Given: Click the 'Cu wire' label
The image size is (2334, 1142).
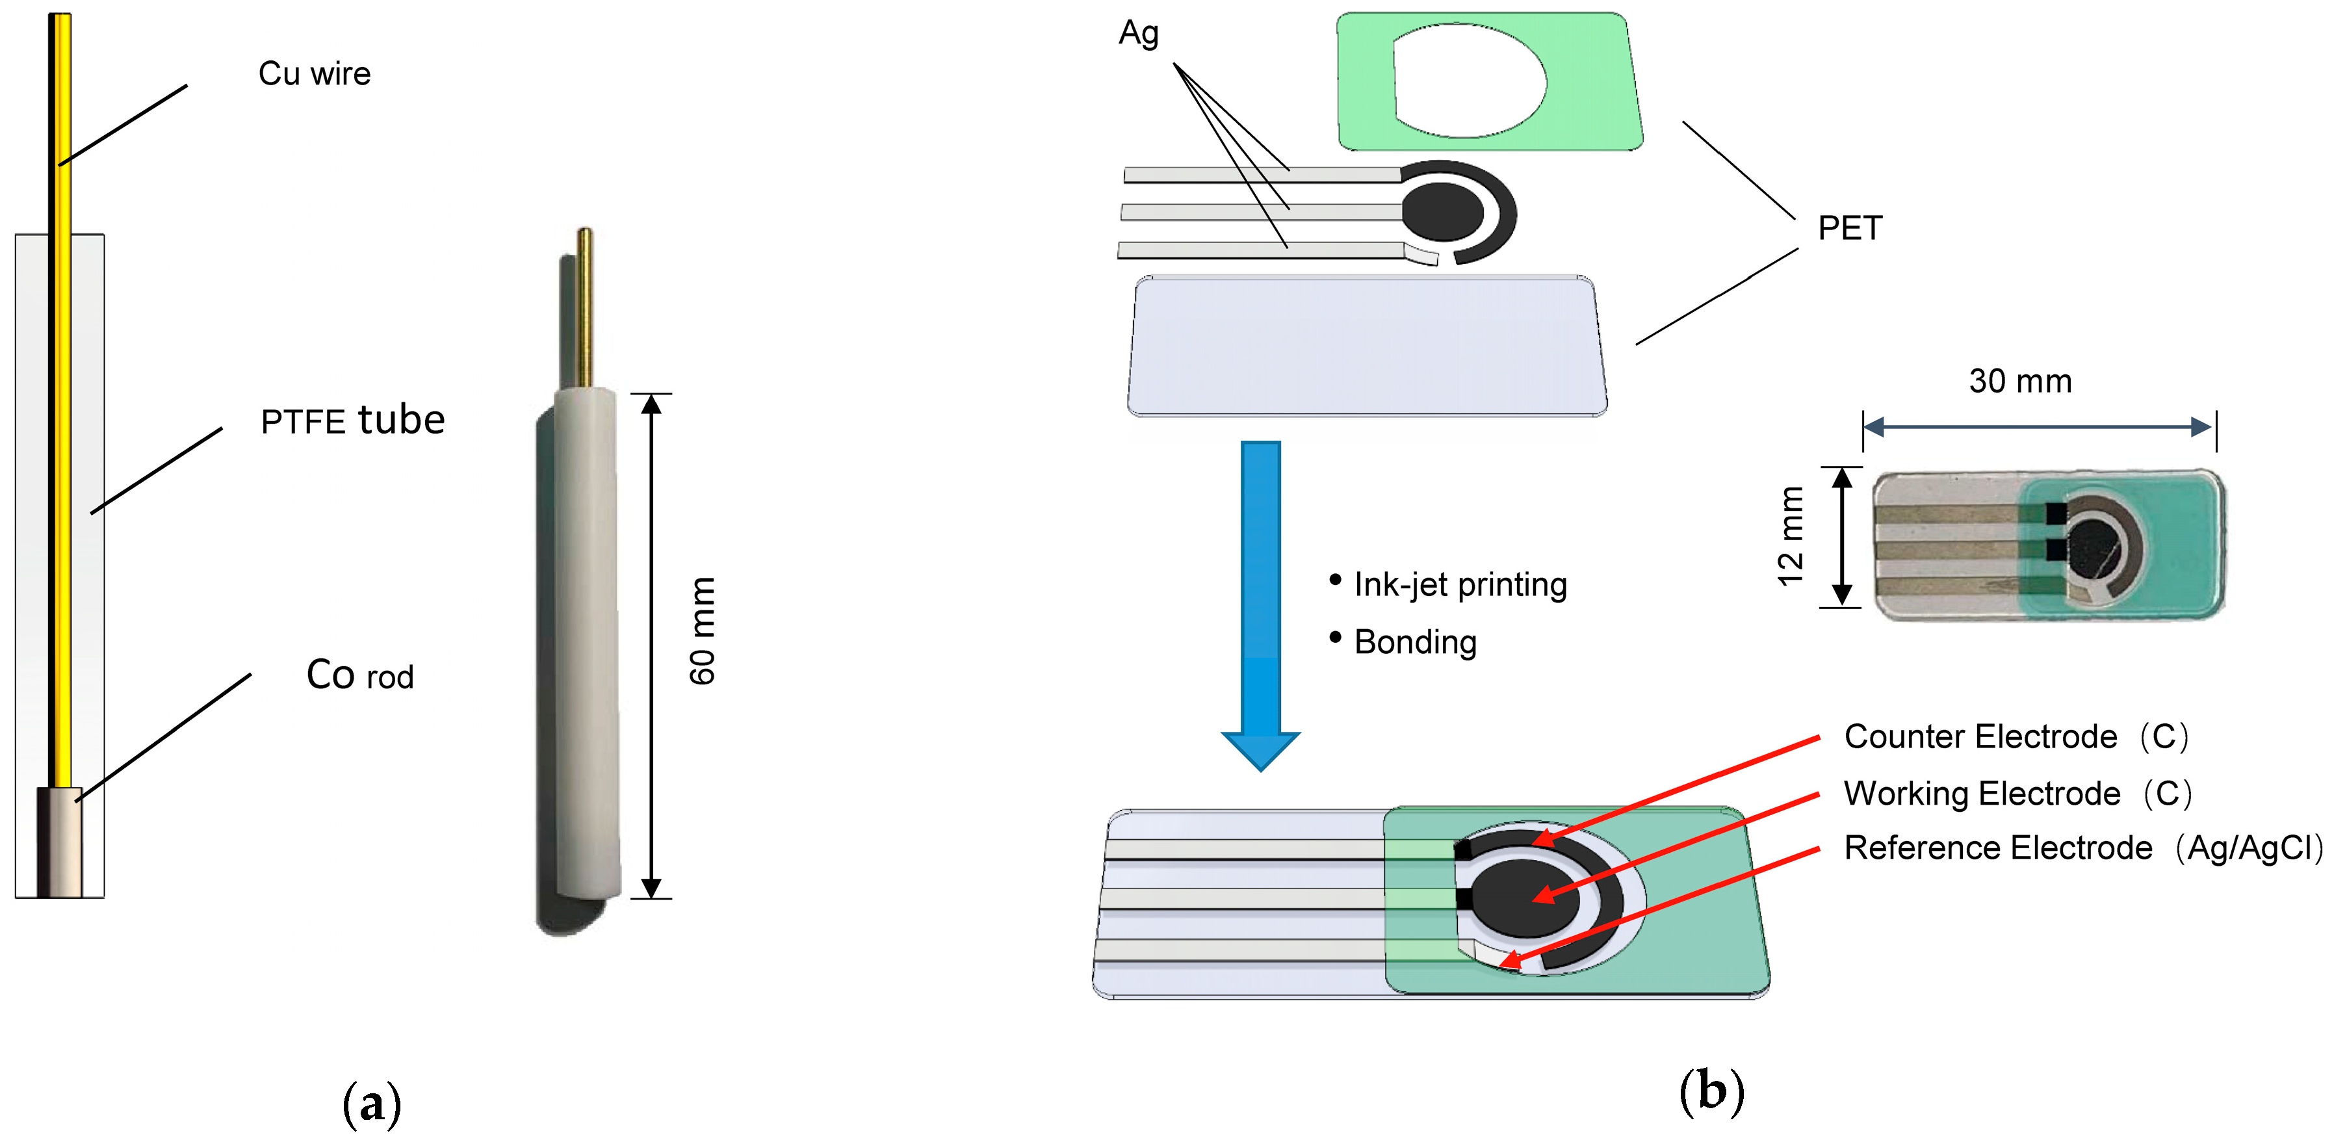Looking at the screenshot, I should pyautogui.click(x=315, y=73).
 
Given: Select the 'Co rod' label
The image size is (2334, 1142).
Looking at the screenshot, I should pyautogui.click(x=359, y=675).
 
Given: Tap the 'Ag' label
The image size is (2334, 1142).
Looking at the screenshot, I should pyautogui.click(x=1138, y=34).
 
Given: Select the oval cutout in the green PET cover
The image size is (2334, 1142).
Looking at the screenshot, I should pyautogui.click(x=1468, y=82).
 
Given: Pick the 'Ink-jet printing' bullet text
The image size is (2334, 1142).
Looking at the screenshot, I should pyautogui.click(x=1460, y=584).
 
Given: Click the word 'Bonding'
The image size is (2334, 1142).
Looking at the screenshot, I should pyautogui.click(x=1414, y=642).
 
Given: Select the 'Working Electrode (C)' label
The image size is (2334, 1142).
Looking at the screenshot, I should pyautogui.click(x=2017, y=793).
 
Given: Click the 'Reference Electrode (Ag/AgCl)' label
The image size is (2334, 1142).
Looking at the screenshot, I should pyautogui.click(x=2082, y=848).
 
